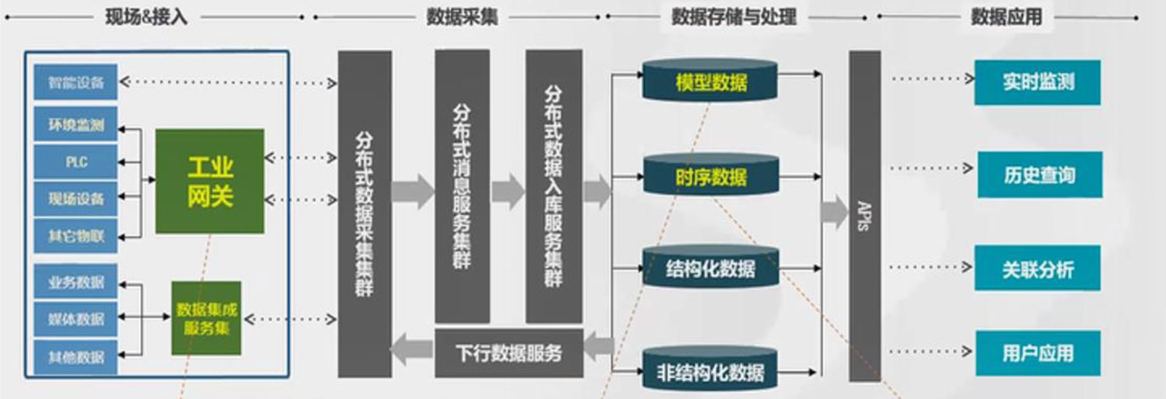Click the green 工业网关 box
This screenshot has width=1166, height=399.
tap(210, 181)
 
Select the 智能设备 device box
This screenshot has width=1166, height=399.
tap(75, 82)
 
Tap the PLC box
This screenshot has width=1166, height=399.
tap(75, 162)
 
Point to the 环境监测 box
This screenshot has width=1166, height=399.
tap(75, 124)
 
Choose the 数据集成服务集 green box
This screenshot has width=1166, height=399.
tap(206, 318)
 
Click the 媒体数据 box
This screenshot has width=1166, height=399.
tap(75, 319)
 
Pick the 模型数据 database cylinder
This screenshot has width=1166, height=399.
tap(710, 81)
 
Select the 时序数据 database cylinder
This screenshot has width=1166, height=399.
tap(710, 175)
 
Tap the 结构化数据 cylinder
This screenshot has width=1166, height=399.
tap(710, 268)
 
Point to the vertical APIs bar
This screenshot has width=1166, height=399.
tap(864, 215)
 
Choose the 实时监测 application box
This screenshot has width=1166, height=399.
tap(1037, 82)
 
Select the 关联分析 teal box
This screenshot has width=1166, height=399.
tap(1037, 269)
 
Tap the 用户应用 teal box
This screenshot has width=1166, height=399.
tap(1037, 353)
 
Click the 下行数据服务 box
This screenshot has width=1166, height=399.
tap(508, 353)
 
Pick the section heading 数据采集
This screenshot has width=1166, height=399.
tap(462, 17)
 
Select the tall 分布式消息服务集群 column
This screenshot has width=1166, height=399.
tap(462, 186)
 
